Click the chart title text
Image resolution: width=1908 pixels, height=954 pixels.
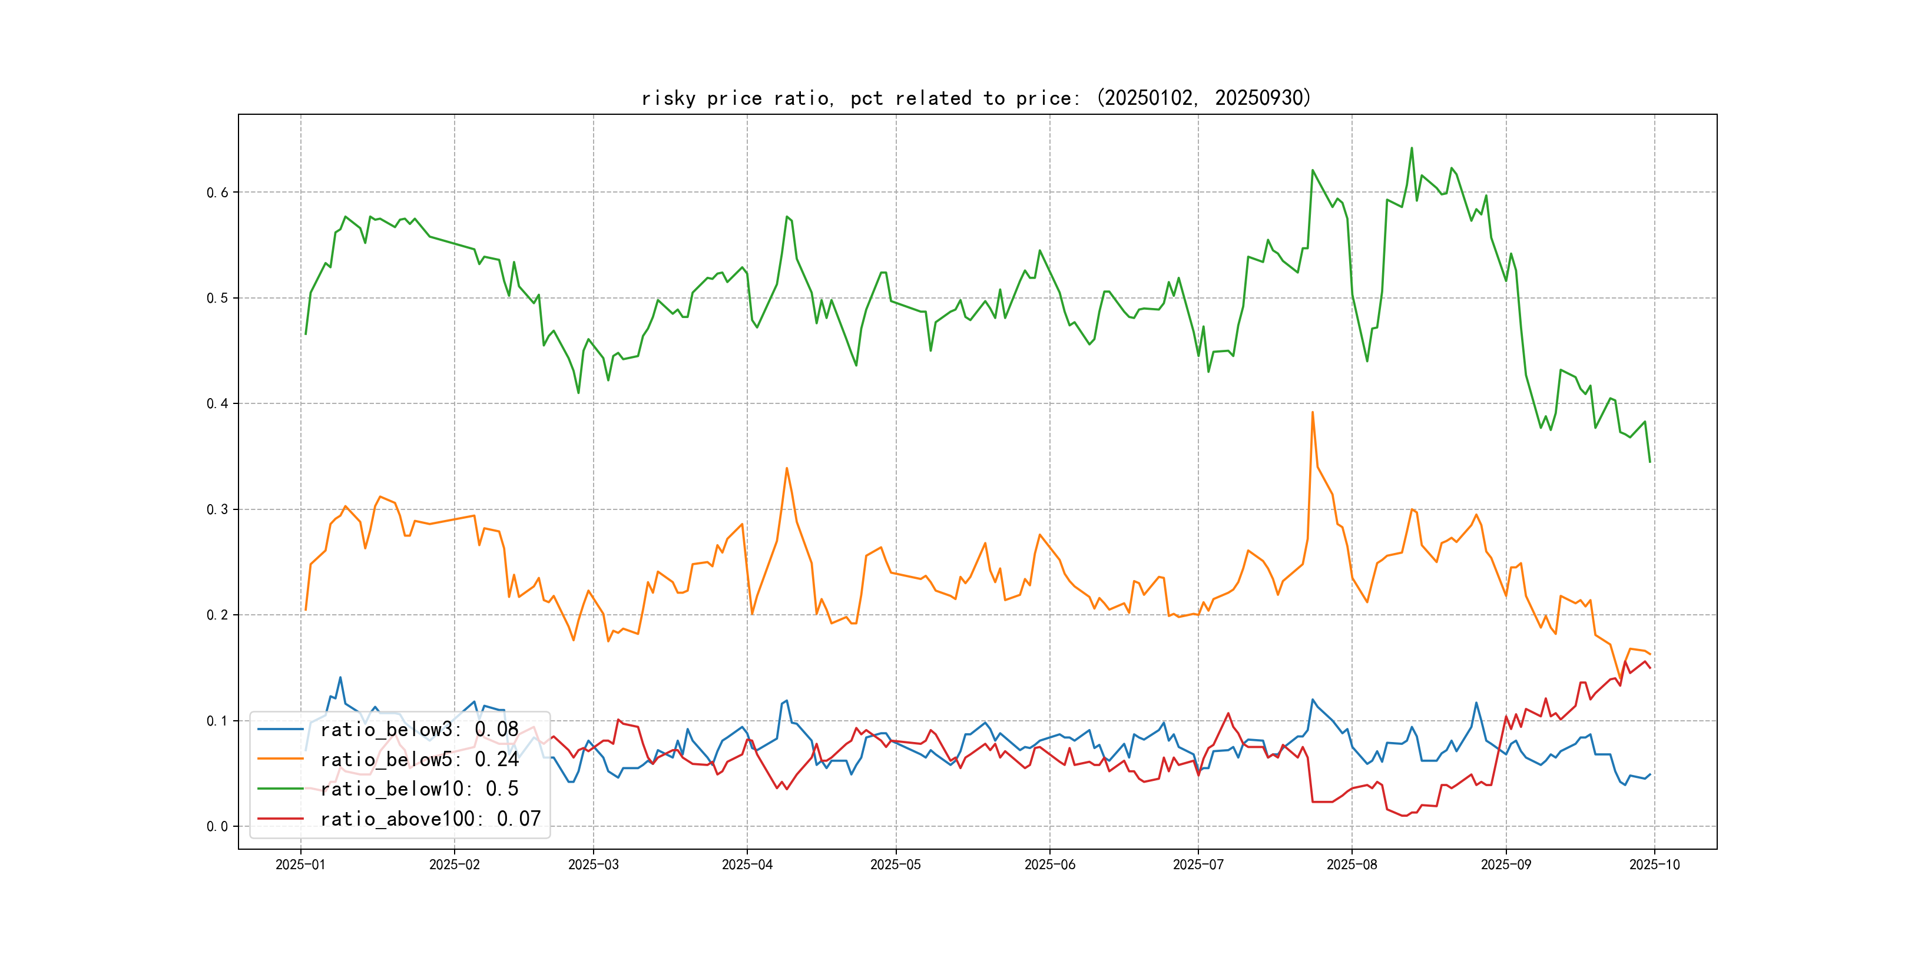pyautogui.click(x=975, y=98)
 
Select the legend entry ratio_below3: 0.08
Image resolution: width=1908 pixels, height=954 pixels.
pyautogui.click(x=419, y=730)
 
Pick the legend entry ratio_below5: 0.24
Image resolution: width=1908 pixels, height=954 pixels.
pyautogui.click(x=419, y=759)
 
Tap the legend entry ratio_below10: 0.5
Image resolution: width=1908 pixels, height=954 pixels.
pyautogui.click(x=419, y=789)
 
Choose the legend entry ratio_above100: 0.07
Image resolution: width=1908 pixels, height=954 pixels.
pyautogui.click(x=430, y=819)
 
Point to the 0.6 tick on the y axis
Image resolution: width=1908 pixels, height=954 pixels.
pyautogui.click(x=217, y=193)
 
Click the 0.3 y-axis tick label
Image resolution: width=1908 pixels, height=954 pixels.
pyautogui.click(x=217, y=509)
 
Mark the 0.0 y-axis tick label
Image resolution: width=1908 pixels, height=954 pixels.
pyautogui.click(x=217, y=827)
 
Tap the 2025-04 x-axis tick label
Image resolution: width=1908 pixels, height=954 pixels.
pyautogui.click(x=747, y=864)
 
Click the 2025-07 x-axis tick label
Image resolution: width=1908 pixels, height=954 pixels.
pyautogui.click(x=1198, y=864)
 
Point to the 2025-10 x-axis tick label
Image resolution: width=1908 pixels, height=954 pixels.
pyautogui.click(x=1654, y=864)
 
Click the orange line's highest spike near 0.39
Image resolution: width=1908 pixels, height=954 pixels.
pyautogui.click(x=1313, y=413)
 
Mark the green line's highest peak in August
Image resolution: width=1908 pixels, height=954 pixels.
pyautogui.click(x=1412, y=148)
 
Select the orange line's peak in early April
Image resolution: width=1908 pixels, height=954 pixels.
pyautogui.click(x=787, y=468)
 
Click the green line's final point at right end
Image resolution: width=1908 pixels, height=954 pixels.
pyautogui.click(x=1649, y=462)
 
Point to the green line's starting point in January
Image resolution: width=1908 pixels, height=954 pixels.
pyautogui.click(x=305, y=334)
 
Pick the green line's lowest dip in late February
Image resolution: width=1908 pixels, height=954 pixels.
pyautogui.click(x=578, y=393)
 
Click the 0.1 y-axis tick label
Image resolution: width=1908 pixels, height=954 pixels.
pyautogui.click(x=217, y=721)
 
